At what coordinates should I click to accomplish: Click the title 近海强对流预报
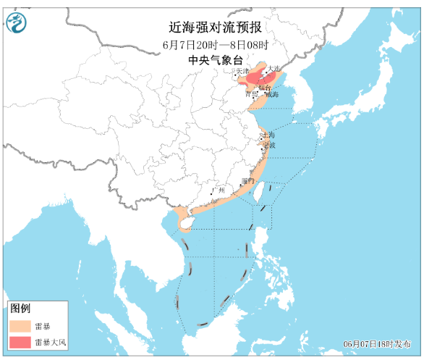[x=215, y=28]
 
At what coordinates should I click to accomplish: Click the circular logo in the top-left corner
[x=15, y=24]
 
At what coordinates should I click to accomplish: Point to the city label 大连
[x=273, y=70]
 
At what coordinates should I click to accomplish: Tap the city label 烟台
[x=266, y=86]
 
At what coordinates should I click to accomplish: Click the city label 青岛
[x=251, y=94]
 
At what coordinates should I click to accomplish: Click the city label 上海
[x=268, y=135]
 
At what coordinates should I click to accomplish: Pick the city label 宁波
[x=269, y=145]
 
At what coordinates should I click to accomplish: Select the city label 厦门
[x=248, y=180]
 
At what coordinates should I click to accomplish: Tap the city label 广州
[x=218, y=191]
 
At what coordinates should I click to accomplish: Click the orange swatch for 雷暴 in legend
[x=20, y=326]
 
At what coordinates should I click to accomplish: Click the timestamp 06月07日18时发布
[x=379, y=343]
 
